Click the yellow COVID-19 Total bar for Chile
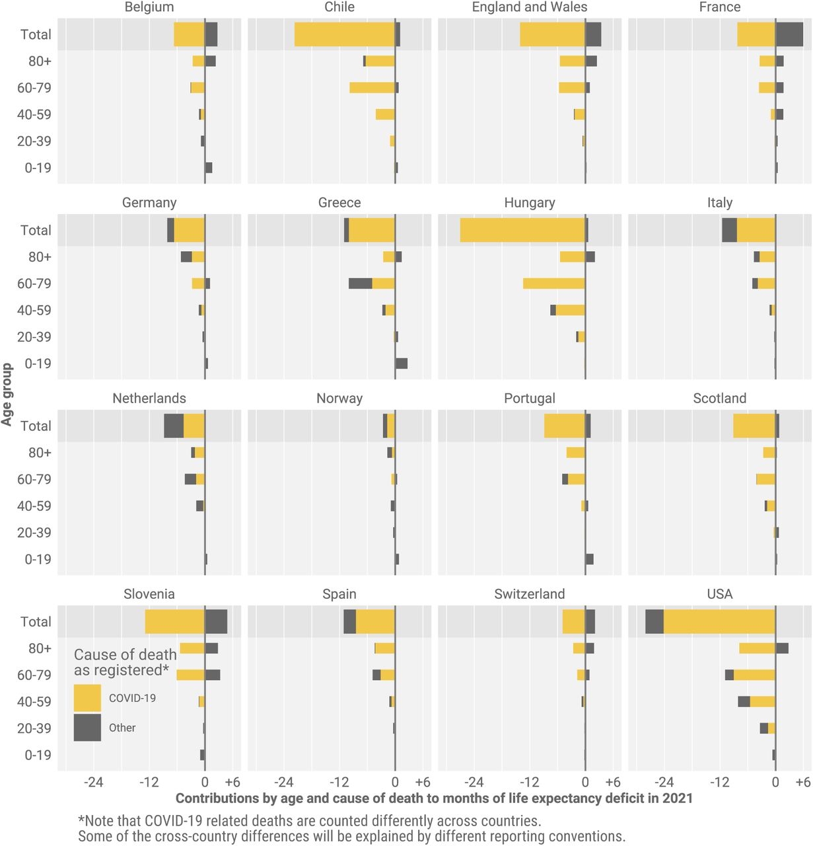tap(344, 34)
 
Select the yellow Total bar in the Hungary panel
tap(522, 230)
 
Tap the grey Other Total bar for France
tap(789, 34)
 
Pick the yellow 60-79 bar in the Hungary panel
tap(553, 284)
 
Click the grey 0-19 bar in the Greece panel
tap(402, 364)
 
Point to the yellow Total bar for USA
tap(719, 622)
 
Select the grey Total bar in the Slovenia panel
tap(217, 622)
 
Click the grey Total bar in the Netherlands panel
tap(174, 426)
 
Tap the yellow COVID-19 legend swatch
tap(87, 698)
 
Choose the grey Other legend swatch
tap(87, 728)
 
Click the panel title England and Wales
tap(530, 7)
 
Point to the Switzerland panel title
tap(530, 594)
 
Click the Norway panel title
tap(339, 399)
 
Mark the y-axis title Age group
tap(7, 395)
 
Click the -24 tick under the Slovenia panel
tap(93, 783)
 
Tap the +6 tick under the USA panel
tap(802, 783)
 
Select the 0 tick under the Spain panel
tap(395, 783)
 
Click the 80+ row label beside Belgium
tap(40, 61)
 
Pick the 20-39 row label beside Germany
tap(34, 337)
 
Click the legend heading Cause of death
tap(125, 655)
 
